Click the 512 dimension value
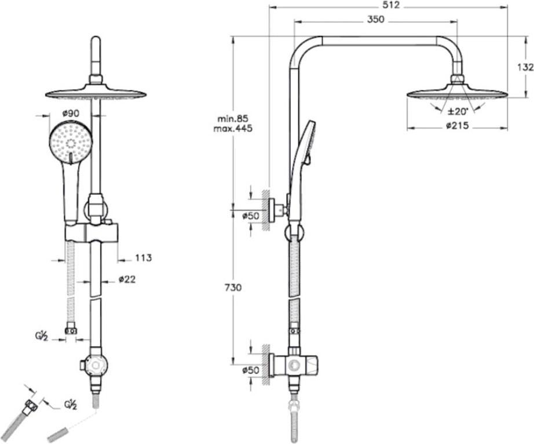[x=390, y=5]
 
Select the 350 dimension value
[x=376, y=20]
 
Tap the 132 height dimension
[x=525, y=67]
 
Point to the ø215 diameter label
[x=458, y=126]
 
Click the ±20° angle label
[x=458, y=111]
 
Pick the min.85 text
[x=233, y=119]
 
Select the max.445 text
[x=233, y=129]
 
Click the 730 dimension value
[x=233, y=287]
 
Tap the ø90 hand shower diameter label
[x=71, y=113]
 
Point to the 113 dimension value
[x=143, y=258]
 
